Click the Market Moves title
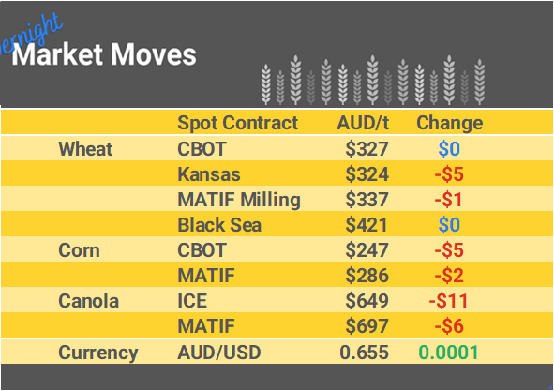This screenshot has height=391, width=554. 104,54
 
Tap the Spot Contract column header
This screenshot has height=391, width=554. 237,123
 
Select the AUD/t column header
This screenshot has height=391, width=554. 363,123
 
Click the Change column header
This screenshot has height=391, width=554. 449,123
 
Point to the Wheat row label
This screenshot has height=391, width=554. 85,149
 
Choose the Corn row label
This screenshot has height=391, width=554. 79,250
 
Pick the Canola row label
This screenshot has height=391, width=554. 88,301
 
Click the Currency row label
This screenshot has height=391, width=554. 97,353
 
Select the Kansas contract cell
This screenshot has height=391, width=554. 208,174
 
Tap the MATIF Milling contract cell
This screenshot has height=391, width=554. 238,200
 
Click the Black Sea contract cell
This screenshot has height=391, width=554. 219,225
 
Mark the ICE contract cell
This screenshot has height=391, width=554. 192,301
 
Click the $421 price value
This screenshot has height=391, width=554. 367,225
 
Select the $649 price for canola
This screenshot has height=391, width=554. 367,301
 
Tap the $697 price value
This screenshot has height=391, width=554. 367,326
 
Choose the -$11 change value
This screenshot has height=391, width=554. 449,301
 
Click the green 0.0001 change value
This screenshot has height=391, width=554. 448,353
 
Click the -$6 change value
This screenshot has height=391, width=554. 449,326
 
